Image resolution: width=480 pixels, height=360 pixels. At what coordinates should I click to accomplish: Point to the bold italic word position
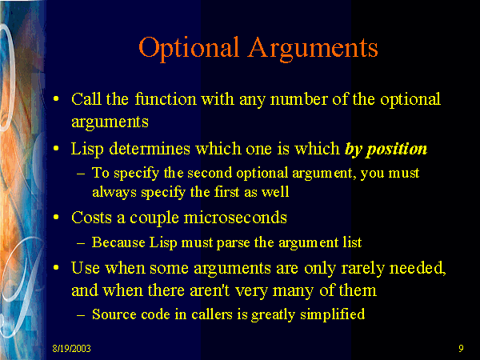[398, 150]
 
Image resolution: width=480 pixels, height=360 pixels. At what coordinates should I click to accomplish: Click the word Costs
[92, 217]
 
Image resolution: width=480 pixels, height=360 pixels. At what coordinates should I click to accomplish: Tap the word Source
[113, 314]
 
